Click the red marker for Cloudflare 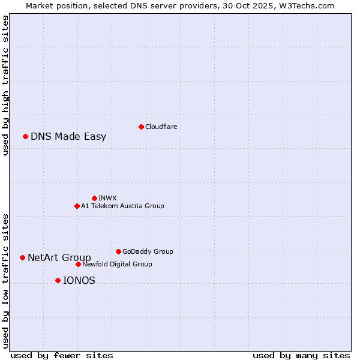[x=141, y=127]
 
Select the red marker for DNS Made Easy [x=25, y=136]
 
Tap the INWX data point [x=94, y=198]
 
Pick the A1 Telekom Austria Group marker [x=77, y=206]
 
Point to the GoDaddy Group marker [x=118, y=251]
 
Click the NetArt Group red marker [x=22, y=257]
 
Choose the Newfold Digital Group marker [x=78, y=264]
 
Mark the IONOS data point [x=58, y=280]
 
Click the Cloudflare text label [x=161, y=127]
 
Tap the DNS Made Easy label [x=68, y=136]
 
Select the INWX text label [x=107, y=198]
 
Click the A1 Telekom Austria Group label [x=122, y=206]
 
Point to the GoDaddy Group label [x=148, y=251]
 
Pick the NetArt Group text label [x=59, y=257]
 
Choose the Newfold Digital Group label [x=117, y=264]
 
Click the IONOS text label [x=79, y=280]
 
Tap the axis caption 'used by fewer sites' [x=62, y=355]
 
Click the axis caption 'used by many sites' [x=301, y=355]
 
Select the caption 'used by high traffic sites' [x=5, y=85]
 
